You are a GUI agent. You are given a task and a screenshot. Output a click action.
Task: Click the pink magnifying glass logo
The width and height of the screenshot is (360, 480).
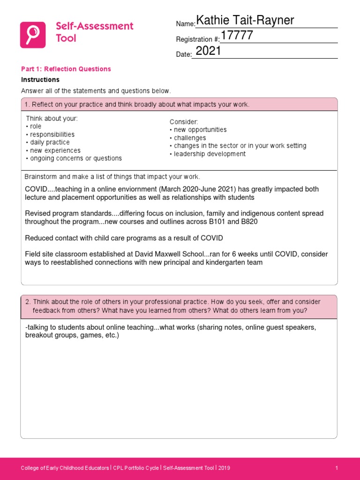pos(33,35)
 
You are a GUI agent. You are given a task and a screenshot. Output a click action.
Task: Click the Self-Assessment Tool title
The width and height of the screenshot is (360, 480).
pos(95,32)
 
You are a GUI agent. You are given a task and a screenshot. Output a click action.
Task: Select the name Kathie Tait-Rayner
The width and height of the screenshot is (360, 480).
pos(245,21)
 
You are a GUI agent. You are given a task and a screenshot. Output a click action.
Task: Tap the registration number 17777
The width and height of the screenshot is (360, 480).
pos(237,36)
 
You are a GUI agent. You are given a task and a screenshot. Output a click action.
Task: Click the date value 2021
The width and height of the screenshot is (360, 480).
pos(208,52)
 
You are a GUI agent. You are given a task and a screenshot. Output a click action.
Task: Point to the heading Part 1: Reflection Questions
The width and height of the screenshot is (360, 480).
pos(66,69)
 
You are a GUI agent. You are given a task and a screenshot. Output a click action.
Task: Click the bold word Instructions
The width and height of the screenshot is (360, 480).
pos(40,80)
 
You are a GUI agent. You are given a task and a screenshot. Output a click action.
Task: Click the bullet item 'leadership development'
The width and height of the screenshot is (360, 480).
pos(210,154)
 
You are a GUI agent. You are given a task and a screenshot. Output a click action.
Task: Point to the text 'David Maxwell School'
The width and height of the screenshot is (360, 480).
pos(169,254)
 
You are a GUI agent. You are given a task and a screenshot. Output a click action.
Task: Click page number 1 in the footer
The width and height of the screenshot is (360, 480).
pos(337,468)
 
